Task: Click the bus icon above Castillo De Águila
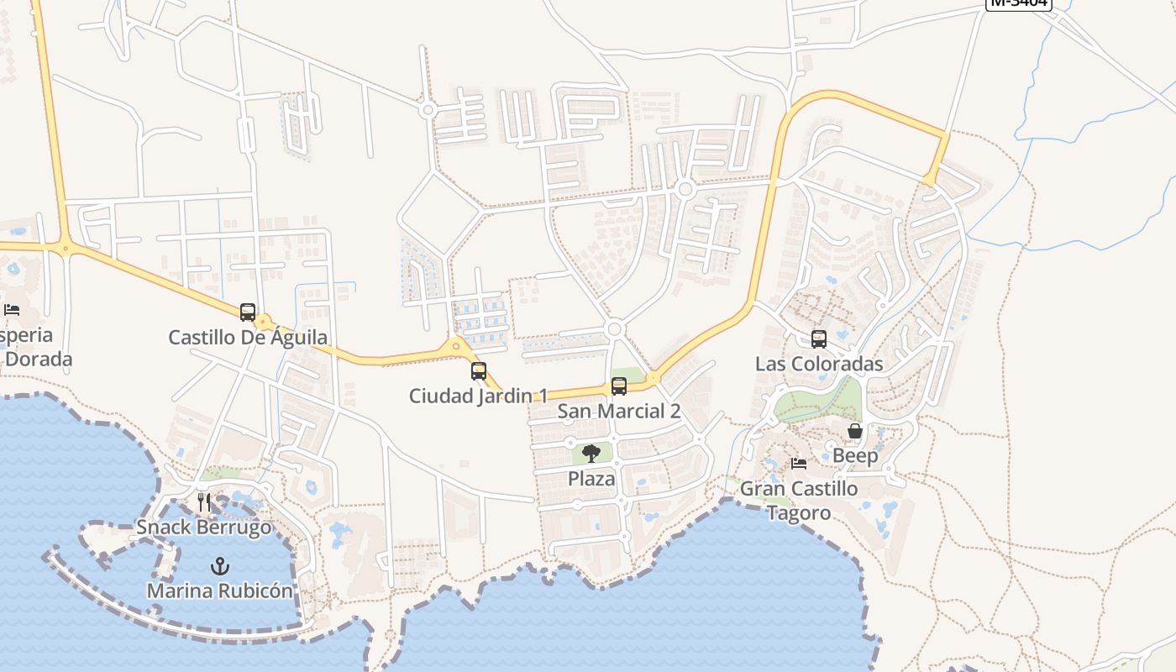[x=248, y=312]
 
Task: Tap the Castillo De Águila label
[x=248, y=338]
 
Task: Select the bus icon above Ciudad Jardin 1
[x=479, y=370]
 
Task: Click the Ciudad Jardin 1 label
[x=479, y=396]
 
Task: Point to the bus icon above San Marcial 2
[x=619, y=386]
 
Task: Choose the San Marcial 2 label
[x=619, y=412]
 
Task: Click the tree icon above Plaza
[x=591, y=454]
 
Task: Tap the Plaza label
[x=591, y=479]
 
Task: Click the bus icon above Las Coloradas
[x=819, y=339]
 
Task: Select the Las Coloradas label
[x=819, y=364]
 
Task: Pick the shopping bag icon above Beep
[x=855, y=431]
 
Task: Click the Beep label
[x=855, y=456]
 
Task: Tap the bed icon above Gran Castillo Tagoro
[x=799, y=464]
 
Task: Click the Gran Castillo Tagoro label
[x=799, y=501]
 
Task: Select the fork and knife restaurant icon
[x=204, y=502]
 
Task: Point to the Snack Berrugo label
[x=204, y=528]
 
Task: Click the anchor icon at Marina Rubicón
[x=220, y=566]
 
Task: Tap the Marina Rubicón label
[x=220, y=591]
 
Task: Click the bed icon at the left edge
[x=12, y=310]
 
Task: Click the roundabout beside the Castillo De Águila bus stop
[x=265, y=322]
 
